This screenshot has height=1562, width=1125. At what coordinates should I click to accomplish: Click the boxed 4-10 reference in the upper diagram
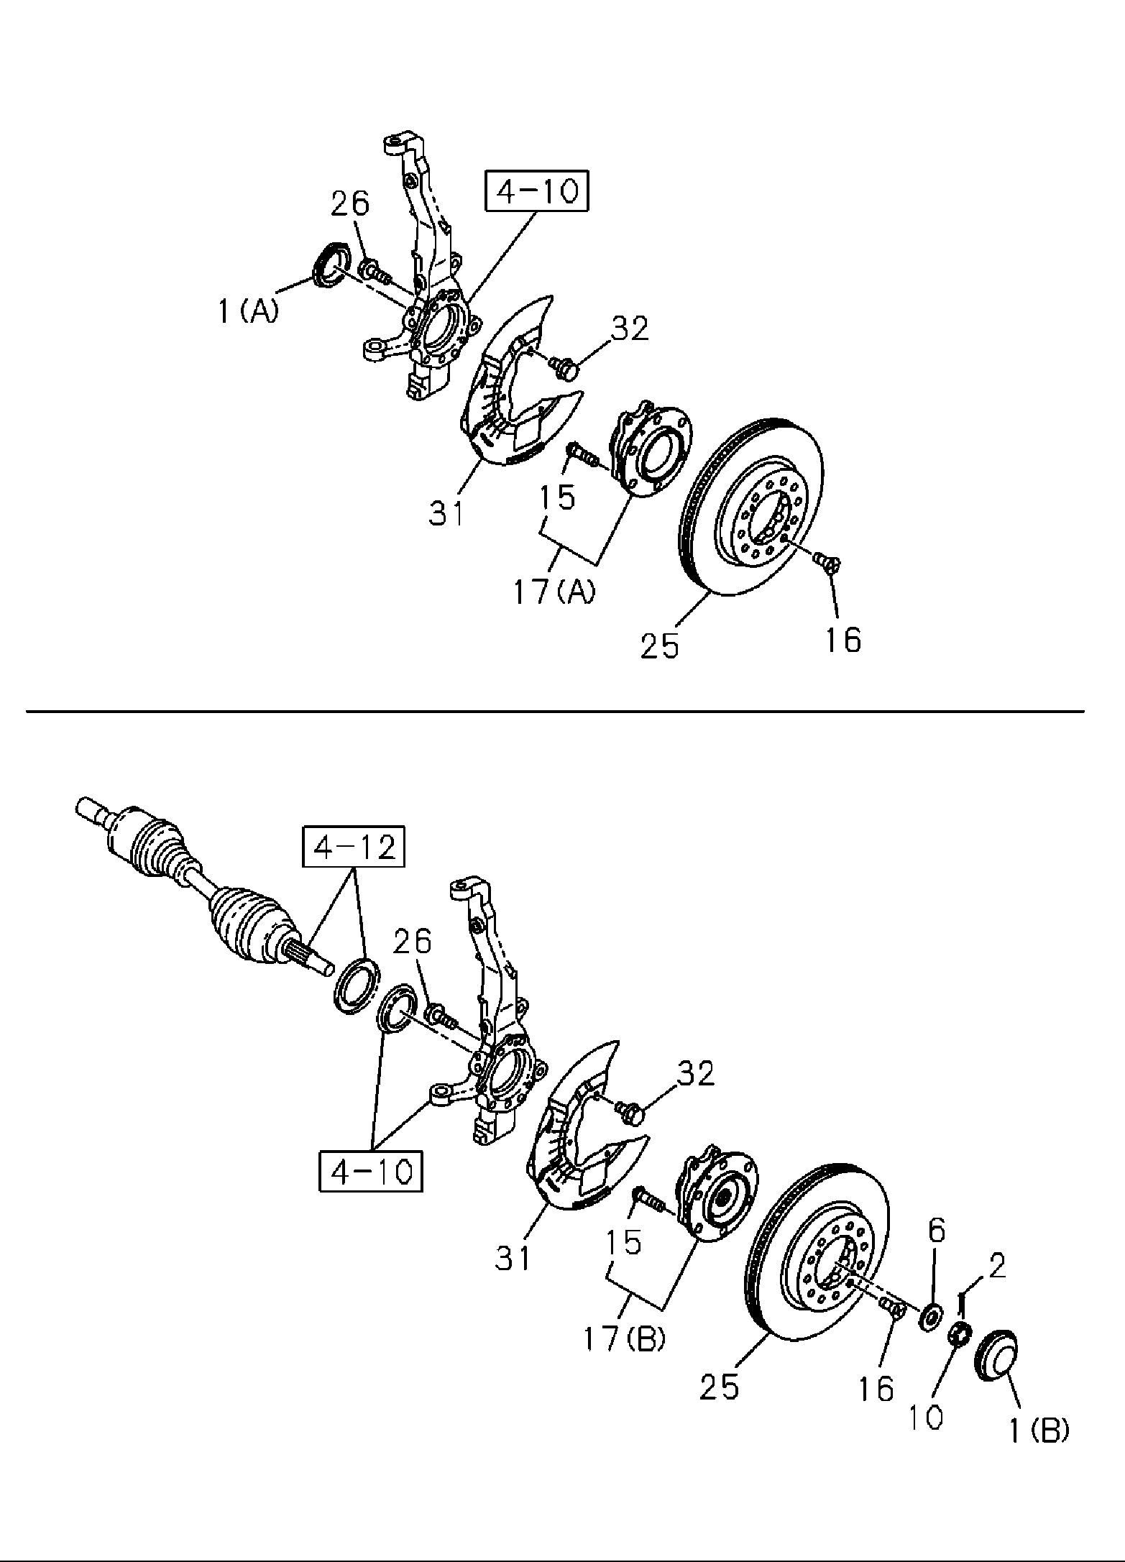click(537, 190)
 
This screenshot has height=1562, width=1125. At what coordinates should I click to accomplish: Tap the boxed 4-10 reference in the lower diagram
click(372, 1171)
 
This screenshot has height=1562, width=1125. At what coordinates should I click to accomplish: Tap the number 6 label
click(936, 1231)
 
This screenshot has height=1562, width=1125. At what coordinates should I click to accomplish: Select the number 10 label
click(924, 1417)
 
